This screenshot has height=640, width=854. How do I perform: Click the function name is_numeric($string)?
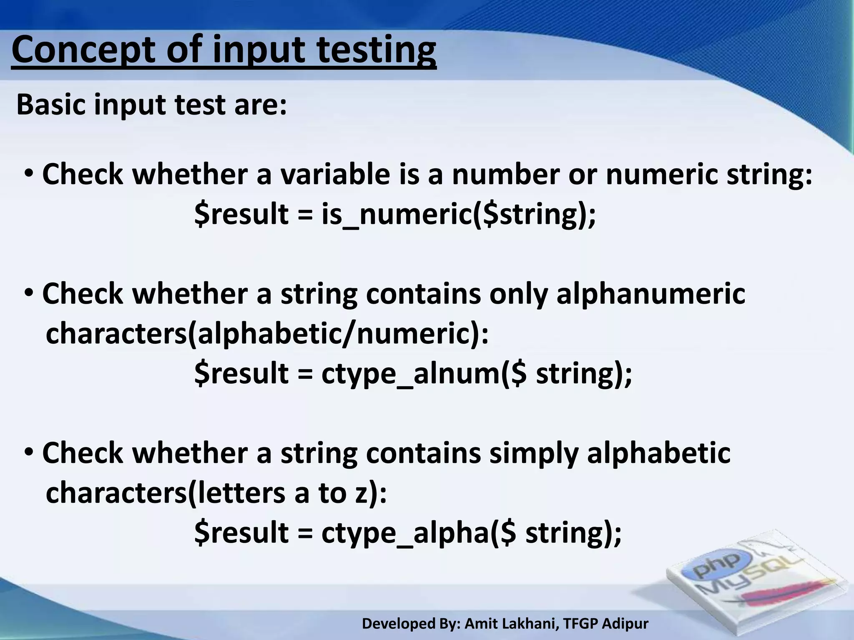pyautogui.click(x=459, y=214)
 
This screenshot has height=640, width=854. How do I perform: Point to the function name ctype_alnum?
pyautogui.click(x=411, y=373)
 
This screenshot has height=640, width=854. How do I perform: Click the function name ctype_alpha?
pyautogui.click(x=405, y=533)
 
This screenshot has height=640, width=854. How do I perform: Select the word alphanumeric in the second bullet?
pyautogui.click(x=651, y=294)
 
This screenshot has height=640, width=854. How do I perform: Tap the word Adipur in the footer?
pyautogui.click(x=625, y=624)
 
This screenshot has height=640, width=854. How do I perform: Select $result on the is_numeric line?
pyautogui.click(x=242, y=214)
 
